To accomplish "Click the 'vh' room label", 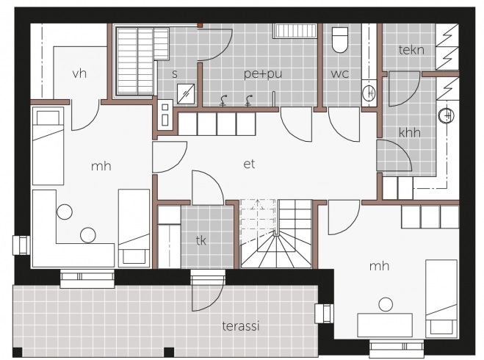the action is point(79,73).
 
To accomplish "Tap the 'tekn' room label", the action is point(411,50).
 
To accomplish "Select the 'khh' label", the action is point(410,132).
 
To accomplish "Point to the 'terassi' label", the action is point(241,326).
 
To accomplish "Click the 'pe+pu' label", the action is point(263,74).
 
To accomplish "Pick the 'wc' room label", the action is point(340,74).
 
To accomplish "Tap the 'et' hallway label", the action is point(249,164).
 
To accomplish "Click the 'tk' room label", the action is point(201,240).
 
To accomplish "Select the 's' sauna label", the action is point(175,74).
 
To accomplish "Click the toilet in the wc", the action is point(340,40).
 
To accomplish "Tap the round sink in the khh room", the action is point(447,115).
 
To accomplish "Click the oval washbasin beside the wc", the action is point(369,93).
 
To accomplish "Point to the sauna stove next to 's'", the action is point(186,94).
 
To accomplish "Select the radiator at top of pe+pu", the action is point(295,31).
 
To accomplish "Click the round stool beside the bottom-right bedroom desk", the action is point(386,304).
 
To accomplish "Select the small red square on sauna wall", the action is point(200,25).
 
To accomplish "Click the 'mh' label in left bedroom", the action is point(101,167).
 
